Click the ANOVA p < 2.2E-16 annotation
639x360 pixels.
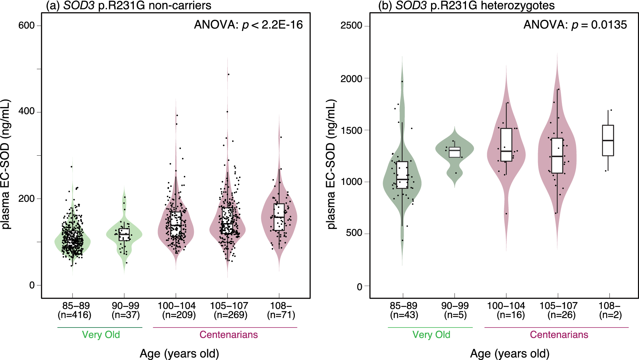pyautogui.click(x=248, y=25)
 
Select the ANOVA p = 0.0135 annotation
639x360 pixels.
pyautogui.click(x=575, y=25)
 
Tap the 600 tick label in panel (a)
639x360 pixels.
pyautogui.click(x=27, y=26)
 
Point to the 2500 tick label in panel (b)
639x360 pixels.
pyautogui.click(x=351, y=26)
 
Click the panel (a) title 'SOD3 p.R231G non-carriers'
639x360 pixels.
pyautogui.click(x=128, y=5)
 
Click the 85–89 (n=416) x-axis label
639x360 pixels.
pyautogui.click(x=75, y=310)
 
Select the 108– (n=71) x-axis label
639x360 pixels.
pyautogui.click(x=281, y=310)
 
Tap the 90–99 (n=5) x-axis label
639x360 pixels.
pyautogui.click(x=455, y=310)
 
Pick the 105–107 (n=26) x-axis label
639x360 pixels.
pyautogui.click(x=558, y=310)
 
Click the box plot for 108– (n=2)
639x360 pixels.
pyautogui.click(x=608, y=141)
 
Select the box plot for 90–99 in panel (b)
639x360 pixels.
pyautogui.click(x=454, y=152)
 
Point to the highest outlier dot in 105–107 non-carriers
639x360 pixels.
pyautogui.click(x=228, y=75)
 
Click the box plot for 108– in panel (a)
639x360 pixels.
pyautogui.click(x=279, y=217)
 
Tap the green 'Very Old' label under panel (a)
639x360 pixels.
pyautogui.click(x=101, y=335)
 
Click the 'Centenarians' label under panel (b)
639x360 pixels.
pyautogui.click(x=559, y=335)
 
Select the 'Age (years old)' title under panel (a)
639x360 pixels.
pyautogui.click(x=179, y=354)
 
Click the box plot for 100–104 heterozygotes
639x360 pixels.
pyautogui.click(x=506, y=145)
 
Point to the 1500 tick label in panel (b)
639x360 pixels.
pyautogui.click(x=351, y=130)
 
